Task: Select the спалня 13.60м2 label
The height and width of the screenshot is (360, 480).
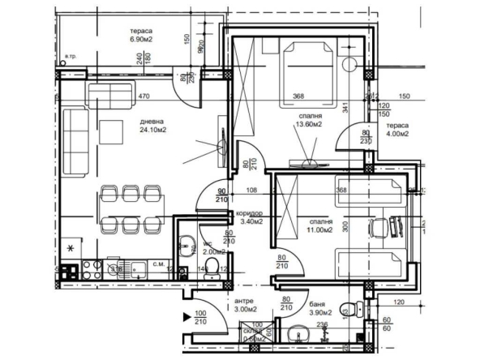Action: coord(309,122)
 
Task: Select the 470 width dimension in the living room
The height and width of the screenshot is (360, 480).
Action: coord(144,96)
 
